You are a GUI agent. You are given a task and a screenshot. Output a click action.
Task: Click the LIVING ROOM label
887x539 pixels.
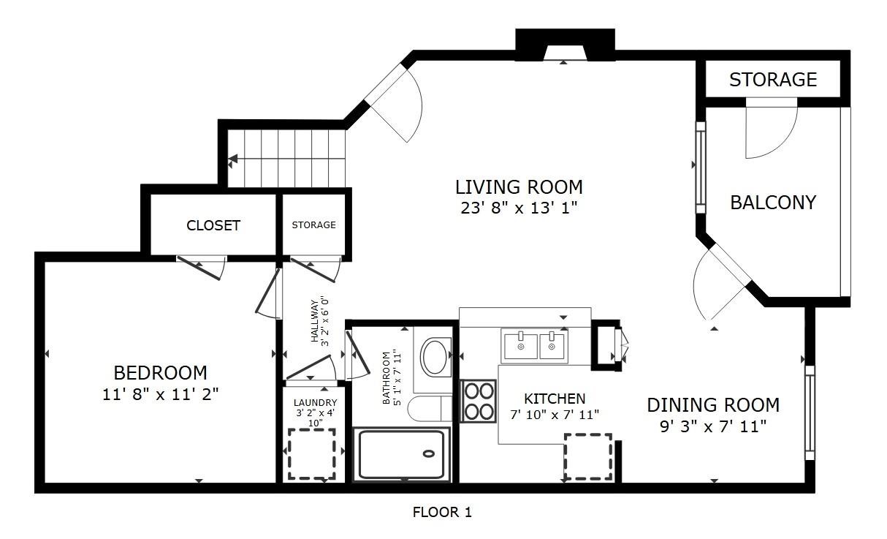[519, 187]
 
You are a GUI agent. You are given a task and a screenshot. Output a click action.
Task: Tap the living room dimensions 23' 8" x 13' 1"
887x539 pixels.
[519, 208]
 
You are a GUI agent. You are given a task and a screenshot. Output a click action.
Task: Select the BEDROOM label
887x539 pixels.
[160, 373]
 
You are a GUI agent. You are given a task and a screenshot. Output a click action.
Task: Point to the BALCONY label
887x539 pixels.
[773, 203]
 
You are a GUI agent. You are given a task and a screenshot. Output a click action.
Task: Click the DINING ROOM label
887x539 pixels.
[713, 405]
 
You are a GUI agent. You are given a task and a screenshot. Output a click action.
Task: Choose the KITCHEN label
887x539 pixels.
[555, 399]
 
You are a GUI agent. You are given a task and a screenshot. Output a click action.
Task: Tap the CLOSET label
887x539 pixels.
[213, 225]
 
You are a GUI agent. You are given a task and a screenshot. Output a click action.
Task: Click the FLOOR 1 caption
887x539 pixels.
[442, 513]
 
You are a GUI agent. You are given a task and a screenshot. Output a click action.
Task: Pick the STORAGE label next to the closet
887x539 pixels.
[313, 225]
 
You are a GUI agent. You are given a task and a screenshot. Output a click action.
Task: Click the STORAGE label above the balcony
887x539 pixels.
[773, 80]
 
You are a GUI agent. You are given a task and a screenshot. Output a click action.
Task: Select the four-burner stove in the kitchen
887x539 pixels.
[479, 401]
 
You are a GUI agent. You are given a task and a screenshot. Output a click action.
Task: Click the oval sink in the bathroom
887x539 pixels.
[435, 357]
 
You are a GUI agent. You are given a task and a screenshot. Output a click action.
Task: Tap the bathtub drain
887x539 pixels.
[428, 453]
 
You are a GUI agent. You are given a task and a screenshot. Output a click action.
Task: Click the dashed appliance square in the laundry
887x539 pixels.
[312, 454]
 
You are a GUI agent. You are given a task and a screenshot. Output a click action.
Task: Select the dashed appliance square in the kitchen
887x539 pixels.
[588, 457]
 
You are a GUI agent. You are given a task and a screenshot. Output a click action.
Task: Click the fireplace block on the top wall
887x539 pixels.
[565, 45]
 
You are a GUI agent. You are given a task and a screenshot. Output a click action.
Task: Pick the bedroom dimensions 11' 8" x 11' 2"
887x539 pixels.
[160, 394]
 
